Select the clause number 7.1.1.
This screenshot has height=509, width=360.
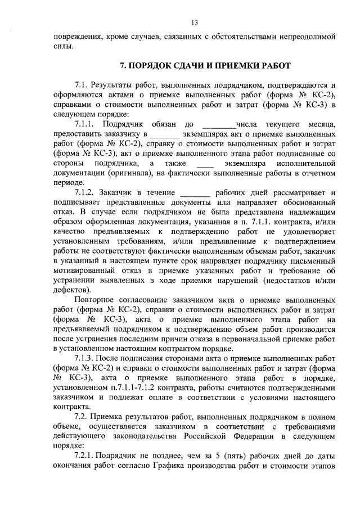pos(85,124)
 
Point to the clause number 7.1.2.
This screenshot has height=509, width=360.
pos(85,192)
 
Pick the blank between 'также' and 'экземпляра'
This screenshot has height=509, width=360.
pos(206,164)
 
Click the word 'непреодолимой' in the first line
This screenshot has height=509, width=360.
pos(307,36)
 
